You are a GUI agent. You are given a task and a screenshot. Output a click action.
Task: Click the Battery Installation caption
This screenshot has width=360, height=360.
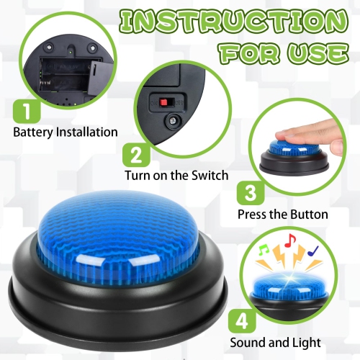point(66,132)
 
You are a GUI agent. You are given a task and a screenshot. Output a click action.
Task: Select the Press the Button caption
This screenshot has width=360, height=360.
point(283,214)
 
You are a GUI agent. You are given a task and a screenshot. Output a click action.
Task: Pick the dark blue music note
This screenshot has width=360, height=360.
point(312,251)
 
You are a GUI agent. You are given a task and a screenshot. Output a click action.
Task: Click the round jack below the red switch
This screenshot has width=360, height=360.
point(174,123)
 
